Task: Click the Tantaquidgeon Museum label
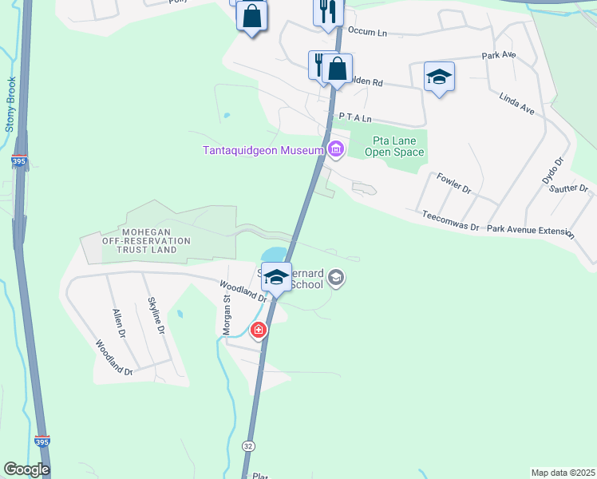tap(262, 150)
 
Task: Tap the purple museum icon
tap(336, 149)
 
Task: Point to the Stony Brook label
tap(11, 104)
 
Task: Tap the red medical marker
tap(259, 330)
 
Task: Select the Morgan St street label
tap(226, 313)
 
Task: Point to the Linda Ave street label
tap(516, 105)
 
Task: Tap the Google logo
tap(26, 469)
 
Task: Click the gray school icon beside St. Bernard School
tap(336, 278)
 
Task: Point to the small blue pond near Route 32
tap(273, 255)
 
